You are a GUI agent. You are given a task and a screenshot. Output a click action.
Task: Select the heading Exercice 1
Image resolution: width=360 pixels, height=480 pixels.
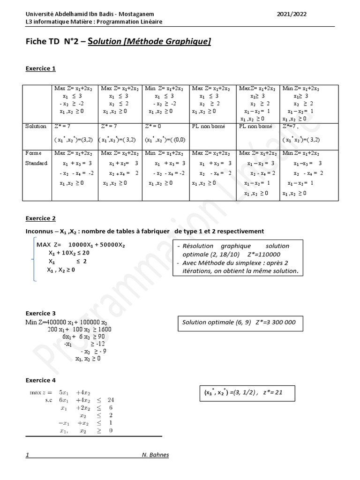point(40,68)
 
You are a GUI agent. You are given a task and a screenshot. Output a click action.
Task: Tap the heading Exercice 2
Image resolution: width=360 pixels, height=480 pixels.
point(40,218)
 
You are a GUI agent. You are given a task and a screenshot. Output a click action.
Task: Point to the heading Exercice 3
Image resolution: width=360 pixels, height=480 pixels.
point(40,313)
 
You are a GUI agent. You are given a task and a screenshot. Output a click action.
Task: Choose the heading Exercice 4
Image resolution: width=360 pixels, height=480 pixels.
point(40,380)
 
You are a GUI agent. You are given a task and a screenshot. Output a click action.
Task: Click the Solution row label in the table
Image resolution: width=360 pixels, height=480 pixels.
point(36,126)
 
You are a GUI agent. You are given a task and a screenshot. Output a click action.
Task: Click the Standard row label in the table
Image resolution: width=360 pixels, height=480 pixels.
point(36,164)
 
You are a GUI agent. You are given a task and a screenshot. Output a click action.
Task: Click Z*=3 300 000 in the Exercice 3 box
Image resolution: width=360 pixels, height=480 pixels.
point(276,322)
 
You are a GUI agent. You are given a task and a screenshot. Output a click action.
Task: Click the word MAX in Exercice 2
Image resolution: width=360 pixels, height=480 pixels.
point(44,245)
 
